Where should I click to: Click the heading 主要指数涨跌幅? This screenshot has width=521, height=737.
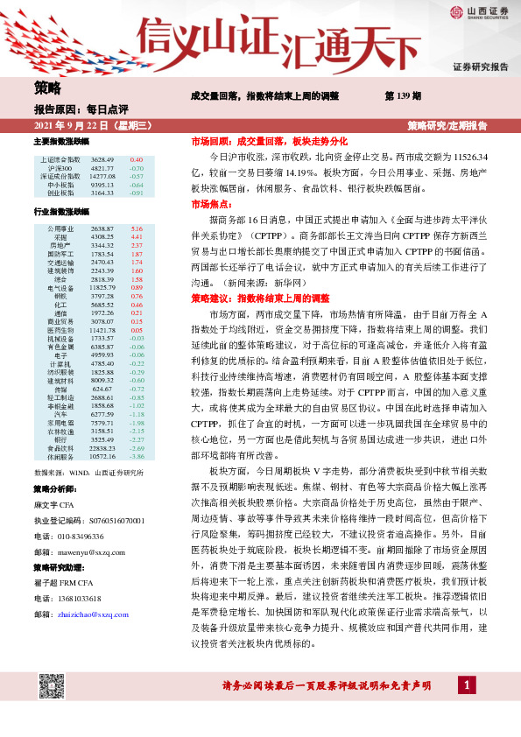click(x=61, y=141)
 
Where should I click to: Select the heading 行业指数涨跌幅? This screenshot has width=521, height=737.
click(x=61, y=212)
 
